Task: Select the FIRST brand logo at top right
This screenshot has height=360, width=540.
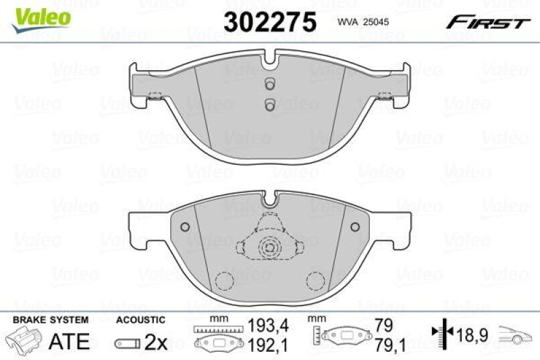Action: coord(487,23)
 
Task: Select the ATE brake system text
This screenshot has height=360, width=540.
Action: coord(70,341)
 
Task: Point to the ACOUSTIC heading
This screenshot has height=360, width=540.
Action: coord(140,319)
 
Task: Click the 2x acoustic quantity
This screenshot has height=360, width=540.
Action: coord(156,342)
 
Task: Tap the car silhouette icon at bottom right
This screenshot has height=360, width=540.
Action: coord(516,332)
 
